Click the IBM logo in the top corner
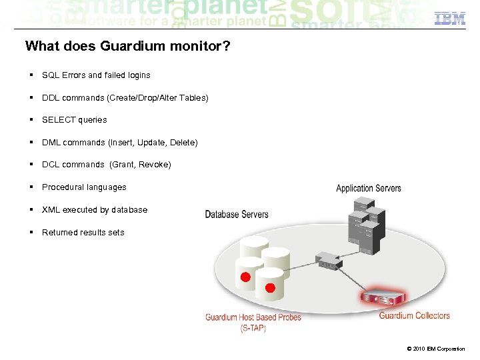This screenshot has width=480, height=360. pyautogui.click(x=450, y=19)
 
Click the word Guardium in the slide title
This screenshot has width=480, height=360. pyautogui.click(x=116, y=47)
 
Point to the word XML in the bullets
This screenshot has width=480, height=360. pyautogui.click(x=51, y=210)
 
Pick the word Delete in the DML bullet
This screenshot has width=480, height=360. pyautogui.click(x=183, y=143)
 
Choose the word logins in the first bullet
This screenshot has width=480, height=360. pyautogui.click(x=138, y=75)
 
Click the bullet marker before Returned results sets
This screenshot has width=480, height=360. pyautogui.click(x=31, y=232)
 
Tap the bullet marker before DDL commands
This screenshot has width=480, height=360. pyautogui.click(x=31, y=97)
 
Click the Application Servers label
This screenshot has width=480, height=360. pyautogui.click(x=369, y=189)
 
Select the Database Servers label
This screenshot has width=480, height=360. pyautogui.click(x=237, y=215)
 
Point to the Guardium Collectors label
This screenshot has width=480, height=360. pyautogui.click(x=414, y=316)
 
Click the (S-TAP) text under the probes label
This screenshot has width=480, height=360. pyautogui.click(x=253, y=327)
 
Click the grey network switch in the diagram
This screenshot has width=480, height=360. pyautogui.click(x=329, y=261)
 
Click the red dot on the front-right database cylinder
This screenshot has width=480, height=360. pyautogui.click(x=270, y=288)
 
